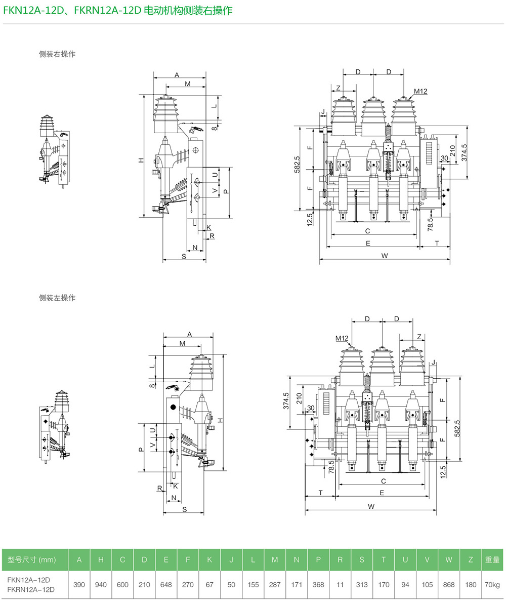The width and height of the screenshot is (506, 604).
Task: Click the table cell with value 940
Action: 101,584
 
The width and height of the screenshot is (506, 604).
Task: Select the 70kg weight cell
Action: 492,584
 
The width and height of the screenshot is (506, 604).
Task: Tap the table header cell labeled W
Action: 449,559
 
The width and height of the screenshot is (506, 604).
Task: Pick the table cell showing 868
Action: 449,584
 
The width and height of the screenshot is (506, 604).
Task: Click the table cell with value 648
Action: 166,584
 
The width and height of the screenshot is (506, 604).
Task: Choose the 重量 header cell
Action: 492,559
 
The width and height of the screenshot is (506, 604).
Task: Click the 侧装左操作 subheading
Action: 57,298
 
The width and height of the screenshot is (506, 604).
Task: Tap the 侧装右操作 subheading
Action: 57,54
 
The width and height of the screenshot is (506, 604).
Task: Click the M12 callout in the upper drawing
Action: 420,92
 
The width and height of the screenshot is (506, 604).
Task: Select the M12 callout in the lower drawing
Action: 342,338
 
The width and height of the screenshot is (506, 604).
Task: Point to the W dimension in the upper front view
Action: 385,256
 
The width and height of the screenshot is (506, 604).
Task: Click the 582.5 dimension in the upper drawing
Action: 297,164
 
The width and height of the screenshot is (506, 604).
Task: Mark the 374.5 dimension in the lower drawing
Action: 286,401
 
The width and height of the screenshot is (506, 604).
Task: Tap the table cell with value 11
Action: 340,584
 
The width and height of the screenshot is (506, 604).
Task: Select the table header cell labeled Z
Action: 471,559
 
